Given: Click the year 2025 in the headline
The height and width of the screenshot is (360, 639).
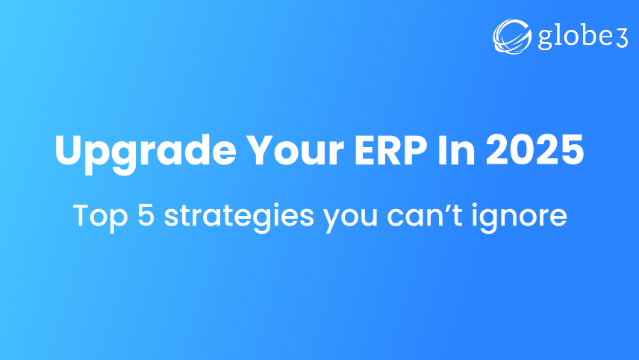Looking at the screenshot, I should tap(534, 152).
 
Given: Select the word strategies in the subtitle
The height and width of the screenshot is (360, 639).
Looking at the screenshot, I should tap(234, 217).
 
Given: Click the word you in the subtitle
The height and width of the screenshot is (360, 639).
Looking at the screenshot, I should tap(344, 218).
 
